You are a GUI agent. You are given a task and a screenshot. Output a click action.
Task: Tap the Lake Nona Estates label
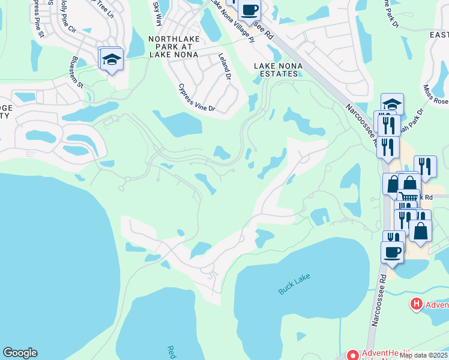tap(276, 70)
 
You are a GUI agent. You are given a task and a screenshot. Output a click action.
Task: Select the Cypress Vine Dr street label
tap(197, 98)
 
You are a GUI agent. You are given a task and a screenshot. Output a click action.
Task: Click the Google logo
tap(20, 353)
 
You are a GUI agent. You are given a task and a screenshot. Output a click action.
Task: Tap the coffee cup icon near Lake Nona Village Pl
tap(249, 10)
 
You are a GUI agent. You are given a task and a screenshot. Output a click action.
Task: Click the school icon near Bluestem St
tap(111, 60)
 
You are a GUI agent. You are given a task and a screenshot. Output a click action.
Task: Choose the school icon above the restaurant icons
tap(392, 104)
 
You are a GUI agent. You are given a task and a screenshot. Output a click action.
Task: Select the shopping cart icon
tap(408, 197)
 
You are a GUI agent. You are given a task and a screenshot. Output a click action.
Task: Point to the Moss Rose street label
tap(433, 95)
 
